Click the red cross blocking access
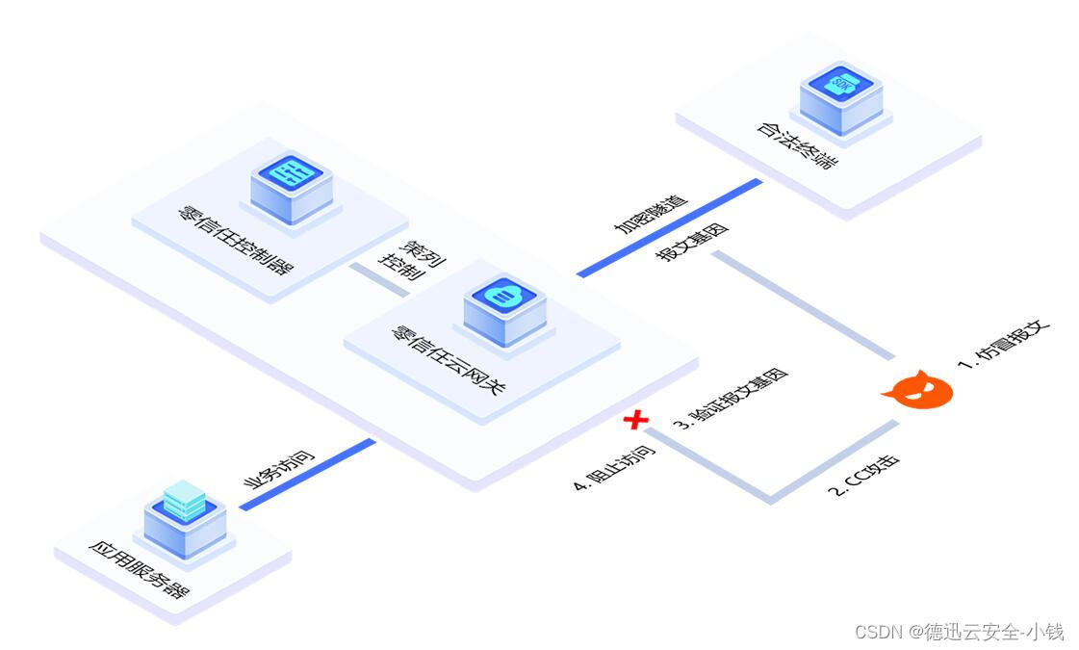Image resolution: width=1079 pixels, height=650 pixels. pos(635,420)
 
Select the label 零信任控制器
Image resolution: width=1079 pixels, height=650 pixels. pos(235,240)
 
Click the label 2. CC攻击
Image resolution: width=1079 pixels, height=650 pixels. pos(864,475)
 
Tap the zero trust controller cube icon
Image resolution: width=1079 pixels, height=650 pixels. pos(292,181)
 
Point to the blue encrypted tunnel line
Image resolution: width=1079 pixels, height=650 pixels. pos(670,227)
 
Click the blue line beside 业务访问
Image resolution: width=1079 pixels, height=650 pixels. pos(308,473)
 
